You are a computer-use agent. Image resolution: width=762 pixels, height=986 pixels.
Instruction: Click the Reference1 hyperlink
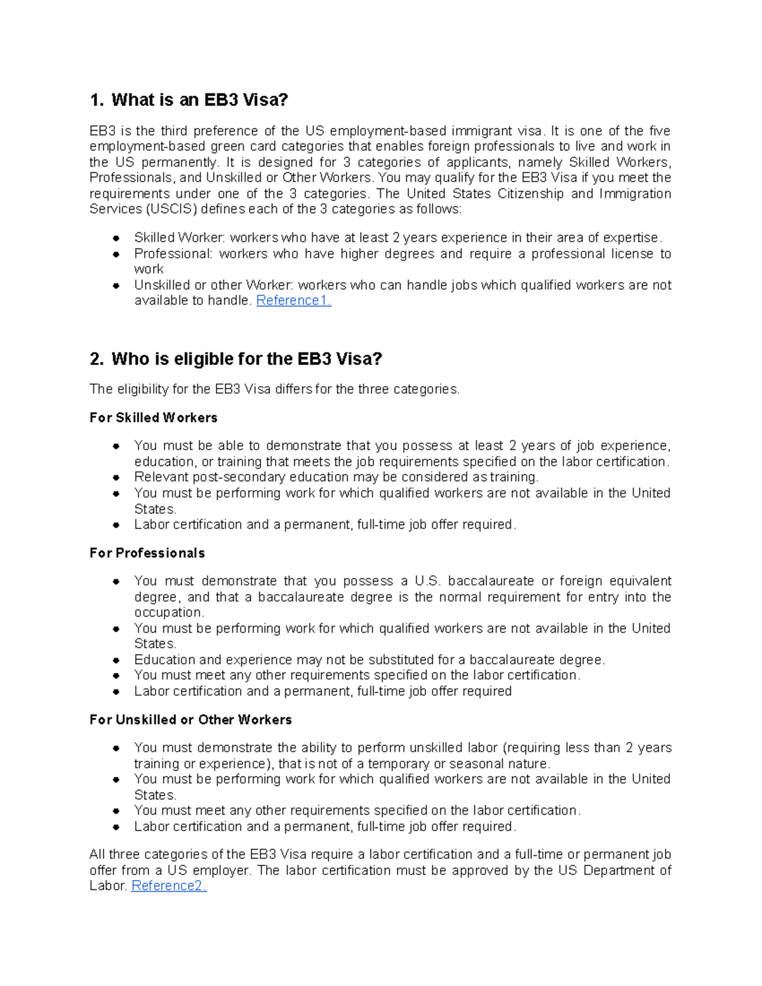[x=293, y=301]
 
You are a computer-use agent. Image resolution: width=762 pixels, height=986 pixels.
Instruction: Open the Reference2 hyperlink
[x=168, y=886]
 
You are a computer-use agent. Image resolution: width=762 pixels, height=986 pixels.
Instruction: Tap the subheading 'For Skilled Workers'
[x=154, y=418]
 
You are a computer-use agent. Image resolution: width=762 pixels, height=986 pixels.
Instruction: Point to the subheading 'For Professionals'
[x=147, y=553]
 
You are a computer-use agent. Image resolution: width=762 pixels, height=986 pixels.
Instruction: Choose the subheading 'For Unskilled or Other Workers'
[x=190, y=719]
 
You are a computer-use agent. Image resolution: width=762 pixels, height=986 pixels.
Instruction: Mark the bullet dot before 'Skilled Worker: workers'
[x=116, y=238]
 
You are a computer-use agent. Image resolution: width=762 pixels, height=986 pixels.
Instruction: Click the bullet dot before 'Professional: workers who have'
[x=116, y=254]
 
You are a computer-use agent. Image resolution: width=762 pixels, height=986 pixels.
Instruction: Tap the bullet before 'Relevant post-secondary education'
[x=116, y=477]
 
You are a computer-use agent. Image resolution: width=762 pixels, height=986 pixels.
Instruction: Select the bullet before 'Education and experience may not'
[x=116, y=660]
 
